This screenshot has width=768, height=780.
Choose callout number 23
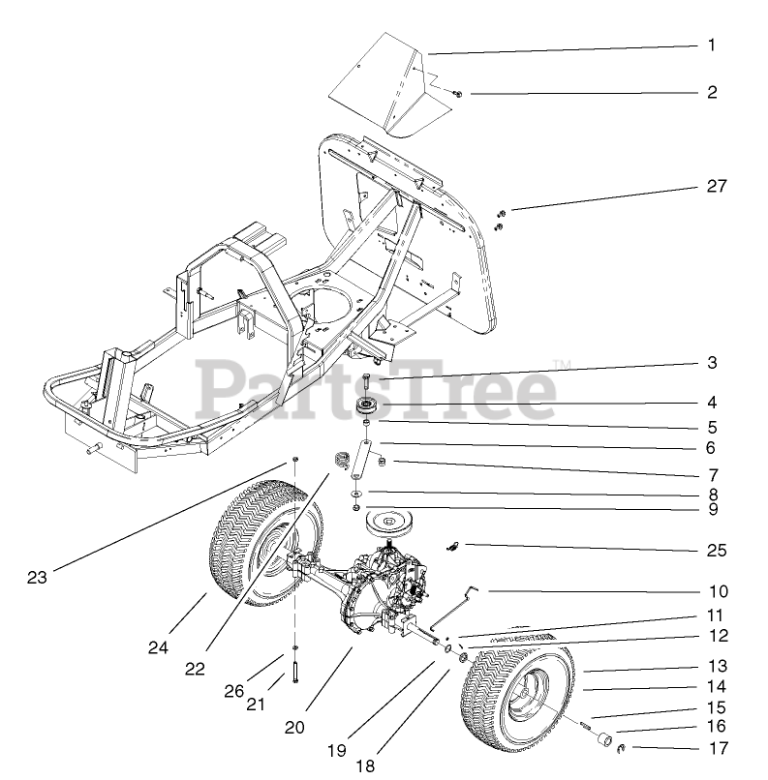37,578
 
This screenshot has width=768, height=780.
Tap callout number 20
294,728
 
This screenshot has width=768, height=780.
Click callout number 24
159,647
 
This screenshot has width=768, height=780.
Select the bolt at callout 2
458,93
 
